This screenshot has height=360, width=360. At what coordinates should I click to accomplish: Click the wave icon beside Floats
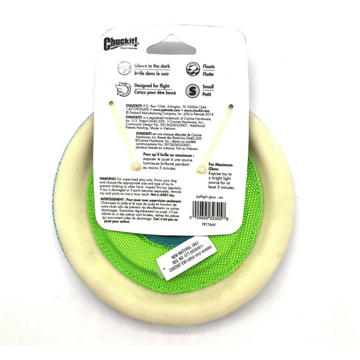coord(193,68)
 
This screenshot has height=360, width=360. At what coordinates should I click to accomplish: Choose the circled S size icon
coord(193,91)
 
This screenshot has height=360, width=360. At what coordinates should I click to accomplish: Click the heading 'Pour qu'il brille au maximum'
coord(169,154)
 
